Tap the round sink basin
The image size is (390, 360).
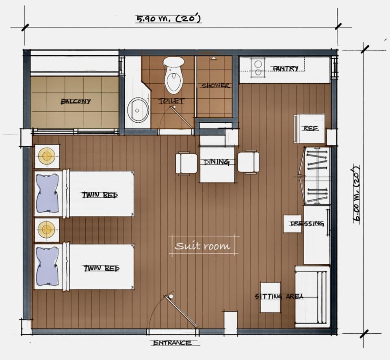pyautogui.click(x=138, y=110)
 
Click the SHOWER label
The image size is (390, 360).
pyautogui.click(x=215, y=86)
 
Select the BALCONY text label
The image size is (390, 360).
pyautogui.click(x=76, y=101)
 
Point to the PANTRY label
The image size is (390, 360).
pyautogui.click(x=286, y=68)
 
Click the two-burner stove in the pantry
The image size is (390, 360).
pyautogui.click(x=258, y=68)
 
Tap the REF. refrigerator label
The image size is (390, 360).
pyautogui.click(x=311, y=128)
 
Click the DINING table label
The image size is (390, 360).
pyautogui.click(x=217, y=162)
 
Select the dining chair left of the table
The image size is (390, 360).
pyautogui.click(x=186, y=163)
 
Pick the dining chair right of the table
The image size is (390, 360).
pyautogui.click(x=249, y=162)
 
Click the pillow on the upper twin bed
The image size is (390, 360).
pyautogui.click(x=47, y=193)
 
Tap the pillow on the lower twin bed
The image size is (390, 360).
pyautogui.click(x=47, y=266)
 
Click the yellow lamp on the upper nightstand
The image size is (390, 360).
pyautogui.click(x=46, y=156)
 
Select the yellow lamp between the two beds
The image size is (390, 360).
pyautogui.click(x=46, y=229)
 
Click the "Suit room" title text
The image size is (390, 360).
pyautogui.click(x=202, y=246)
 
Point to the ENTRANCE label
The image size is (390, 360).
pyautogui.click(x=172, y=343)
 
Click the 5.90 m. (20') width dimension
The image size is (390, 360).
pyautogui.click(x=168, y=19)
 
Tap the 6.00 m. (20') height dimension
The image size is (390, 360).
pyautogui.click(x=357, y=194)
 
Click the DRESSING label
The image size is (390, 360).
pyautogui.click(x=307, y=223)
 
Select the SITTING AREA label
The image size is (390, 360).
pyautogui.click(x=279, y=296)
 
